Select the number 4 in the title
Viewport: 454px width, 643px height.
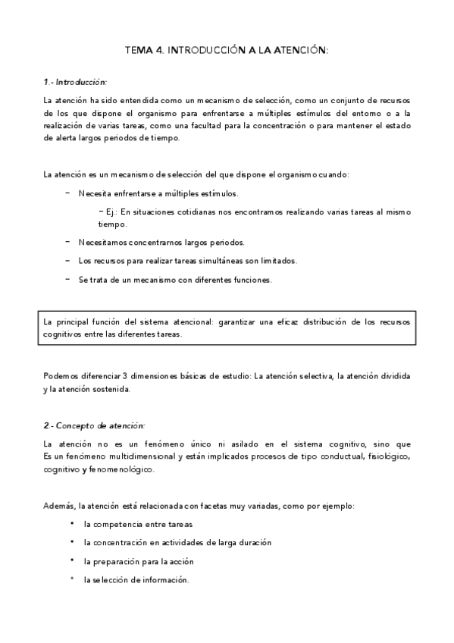(x=157, y=51)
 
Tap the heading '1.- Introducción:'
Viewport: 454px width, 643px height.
(x=75, y=81)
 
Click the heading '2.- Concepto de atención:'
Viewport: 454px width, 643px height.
(x=94, y=425)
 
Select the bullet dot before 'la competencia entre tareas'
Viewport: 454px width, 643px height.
(x=71, y=524)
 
